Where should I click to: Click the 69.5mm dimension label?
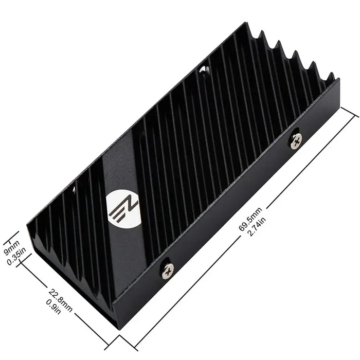[x=250, y=219]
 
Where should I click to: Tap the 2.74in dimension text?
[x=257, y=226]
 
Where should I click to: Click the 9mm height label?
[x=12, y=247]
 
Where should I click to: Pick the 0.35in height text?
[x=20, y=256]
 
